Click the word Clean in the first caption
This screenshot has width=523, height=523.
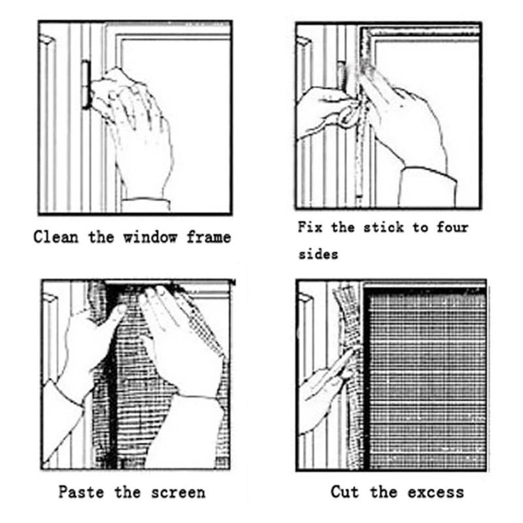[56, 237]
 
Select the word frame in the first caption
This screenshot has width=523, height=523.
[208, 237]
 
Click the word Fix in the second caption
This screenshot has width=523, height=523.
[311, 228]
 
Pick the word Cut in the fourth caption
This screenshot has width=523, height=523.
[345, 492]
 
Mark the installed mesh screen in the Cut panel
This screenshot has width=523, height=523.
[425, 379]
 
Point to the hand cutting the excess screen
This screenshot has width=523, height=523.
[324, 386]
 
